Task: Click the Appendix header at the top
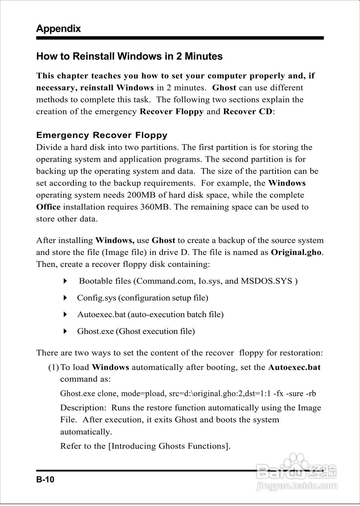coord(58,28)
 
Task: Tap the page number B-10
coord(45,480)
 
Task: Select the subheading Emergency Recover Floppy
coord(102,135)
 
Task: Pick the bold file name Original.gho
coord(296,252)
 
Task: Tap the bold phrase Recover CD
coord(248,111)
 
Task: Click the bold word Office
coord(48,207)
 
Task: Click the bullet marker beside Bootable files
coord(66,281)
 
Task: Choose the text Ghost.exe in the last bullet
coord(95,331)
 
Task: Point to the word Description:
coord(83,408)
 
